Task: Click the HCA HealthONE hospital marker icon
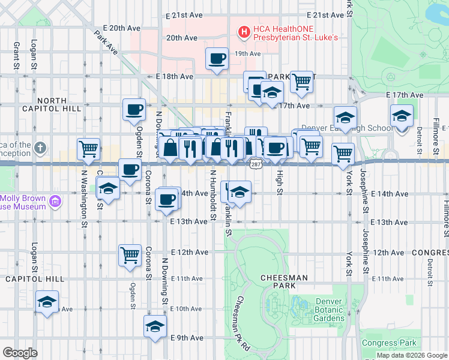click(244, 32)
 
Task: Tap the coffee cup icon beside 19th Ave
click(217, 58)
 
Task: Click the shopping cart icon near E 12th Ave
click(130, 254)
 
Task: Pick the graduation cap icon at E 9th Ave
click(154, 326)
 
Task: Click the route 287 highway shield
click(256, 163)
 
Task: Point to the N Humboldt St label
click(212, 196)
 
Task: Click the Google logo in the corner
click(20, 352)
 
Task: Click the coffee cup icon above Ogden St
click(134, 109)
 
